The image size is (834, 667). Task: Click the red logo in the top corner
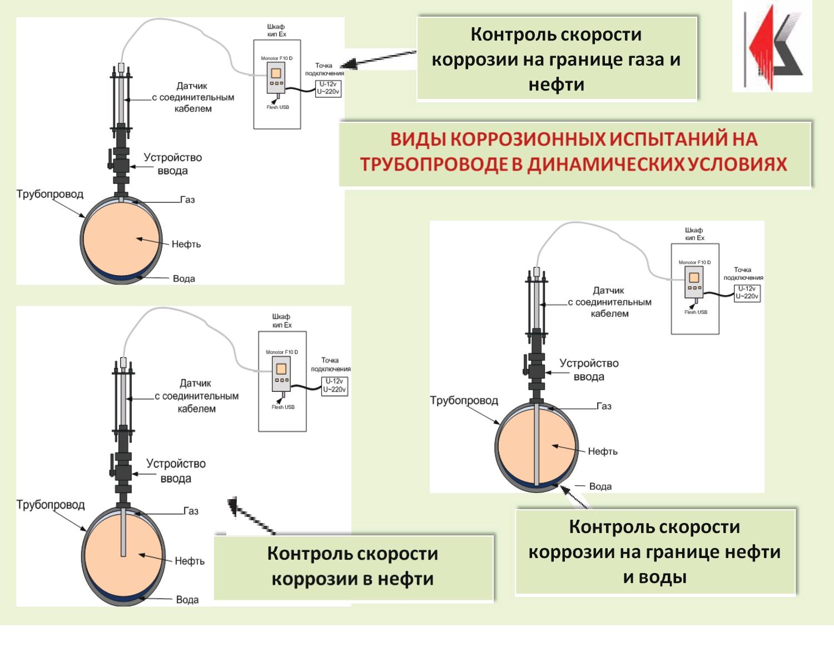772,46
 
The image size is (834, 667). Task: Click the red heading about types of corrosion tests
574,152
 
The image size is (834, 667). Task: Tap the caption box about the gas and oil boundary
557,59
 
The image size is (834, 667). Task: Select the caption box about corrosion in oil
353,566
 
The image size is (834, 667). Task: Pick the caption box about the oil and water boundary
655,552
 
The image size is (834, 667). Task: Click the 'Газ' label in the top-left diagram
187,200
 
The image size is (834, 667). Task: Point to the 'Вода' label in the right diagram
600,486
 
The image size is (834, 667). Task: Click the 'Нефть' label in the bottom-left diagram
190,561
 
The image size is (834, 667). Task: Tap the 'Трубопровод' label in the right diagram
464,400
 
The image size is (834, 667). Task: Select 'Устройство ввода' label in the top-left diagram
172,164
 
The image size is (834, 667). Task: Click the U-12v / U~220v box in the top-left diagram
328,88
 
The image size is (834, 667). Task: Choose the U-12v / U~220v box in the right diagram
747,292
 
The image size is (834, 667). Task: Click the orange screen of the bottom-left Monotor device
281,368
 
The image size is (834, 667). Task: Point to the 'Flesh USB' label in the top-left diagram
277,107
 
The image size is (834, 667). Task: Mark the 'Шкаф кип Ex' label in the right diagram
694,234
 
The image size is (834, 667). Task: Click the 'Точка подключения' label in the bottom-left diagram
330,364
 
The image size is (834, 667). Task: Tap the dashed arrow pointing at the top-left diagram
378,58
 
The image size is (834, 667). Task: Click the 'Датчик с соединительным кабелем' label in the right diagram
609,302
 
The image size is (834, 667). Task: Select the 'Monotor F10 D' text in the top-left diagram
276,58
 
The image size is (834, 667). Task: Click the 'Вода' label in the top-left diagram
184,278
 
